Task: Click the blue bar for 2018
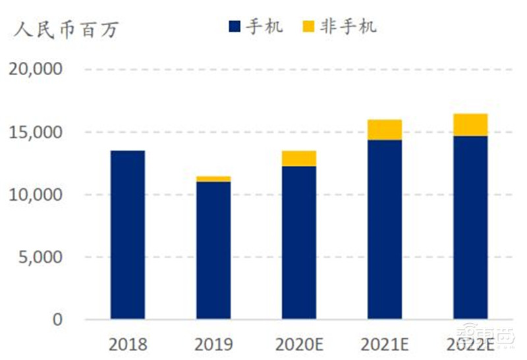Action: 128,235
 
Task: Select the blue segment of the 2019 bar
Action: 213,251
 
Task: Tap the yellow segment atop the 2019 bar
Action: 213,179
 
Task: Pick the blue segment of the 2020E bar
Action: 299,243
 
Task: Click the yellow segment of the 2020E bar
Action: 299,159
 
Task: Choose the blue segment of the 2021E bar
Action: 385,230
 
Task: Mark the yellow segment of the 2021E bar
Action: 385,130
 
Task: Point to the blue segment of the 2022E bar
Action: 470,228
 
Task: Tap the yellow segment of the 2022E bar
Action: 470,125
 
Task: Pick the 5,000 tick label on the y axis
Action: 40,257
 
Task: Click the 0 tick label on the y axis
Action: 57,320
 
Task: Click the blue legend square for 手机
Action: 235,27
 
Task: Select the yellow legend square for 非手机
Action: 309,27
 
